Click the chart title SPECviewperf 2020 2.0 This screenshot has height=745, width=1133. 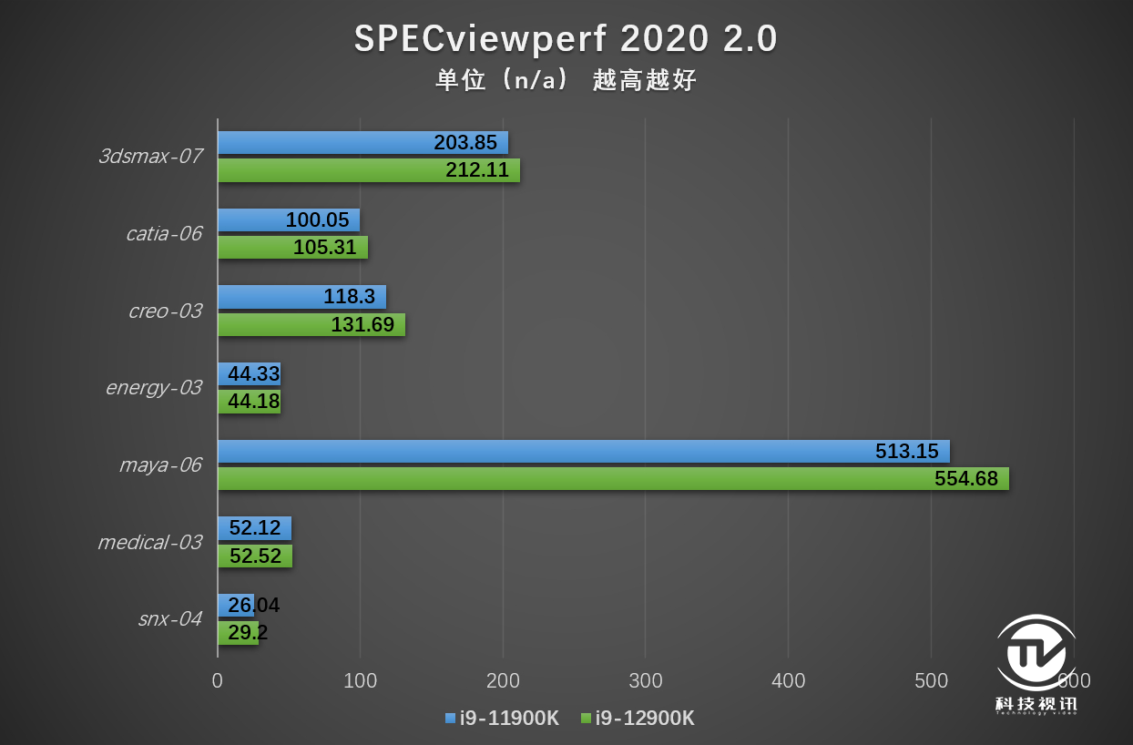pyautogui.click(x=566, y=39)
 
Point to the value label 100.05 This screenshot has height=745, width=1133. pyautogui.click(x=317, y=220)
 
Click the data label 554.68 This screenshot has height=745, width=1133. pyautogui.click(x=965, y=479)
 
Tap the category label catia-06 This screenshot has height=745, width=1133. pyautogui.click(x=164, y=234)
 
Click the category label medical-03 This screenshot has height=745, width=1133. pyautogui.click(x=149, y=543)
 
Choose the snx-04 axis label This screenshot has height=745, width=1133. pyautogui.click(x=169, y=619)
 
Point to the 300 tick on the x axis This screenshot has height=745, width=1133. pyautogui.click(x=646, y=680)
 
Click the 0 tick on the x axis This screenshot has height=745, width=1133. pyautogui.click(x=218, y=680)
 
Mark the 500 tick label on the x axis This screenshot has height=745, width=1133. pyautogui.click(x=931, y=680)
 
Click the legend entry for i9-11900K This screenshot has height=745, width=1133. pyautogui.click(x=502, y=718)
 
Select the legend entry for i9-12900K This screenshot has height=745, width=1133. pyautogui.click(x=638, y=718)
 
